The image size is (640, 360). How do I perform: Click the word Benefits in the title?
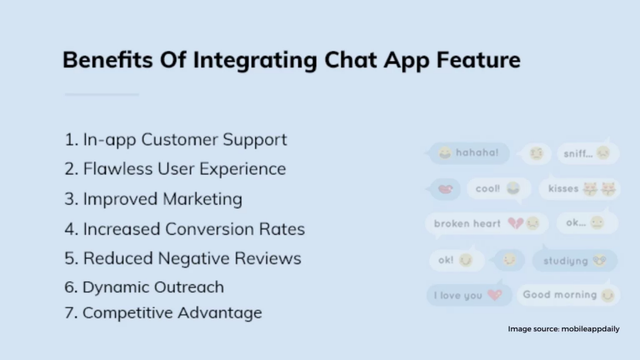[x=107, y=59]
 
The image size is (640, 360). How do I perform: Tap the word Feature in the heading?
[x=478, y=59]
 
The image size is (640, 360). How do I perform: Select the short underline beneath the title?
[x=102, y=94]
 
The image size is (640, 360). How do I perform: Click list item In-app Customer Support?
[x=176, y=140]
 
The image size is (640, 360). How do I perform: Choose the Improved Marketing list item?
[x=153, y=199]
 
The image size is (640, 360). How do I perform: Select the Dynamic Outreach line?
[x=144, y=287]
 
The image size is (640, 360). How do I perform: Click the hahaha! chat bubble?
[x=469, y=153]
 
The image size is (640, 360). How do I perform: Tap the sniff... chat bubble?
[x=588, y=154]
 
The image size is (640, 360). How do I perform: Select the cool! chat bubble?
[x=499, y=189]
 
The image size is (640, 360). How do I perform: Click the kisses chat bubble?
[x=579, y=189]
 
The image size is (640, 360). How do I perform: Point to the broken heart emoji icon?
[x=515, y=223]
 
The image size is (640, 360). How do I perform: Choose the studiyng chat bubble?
[x=575, y=261]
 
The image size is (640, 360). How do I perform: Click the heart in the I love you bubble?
[x=495, y=295]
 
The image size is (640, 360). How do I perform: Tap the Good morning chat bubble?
[x=569, y=295]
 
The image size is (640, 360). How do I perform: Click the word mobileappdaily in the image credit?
[x=590, y=329]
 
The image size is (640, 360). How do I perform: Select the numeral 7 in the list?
[x=70, y=313]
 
